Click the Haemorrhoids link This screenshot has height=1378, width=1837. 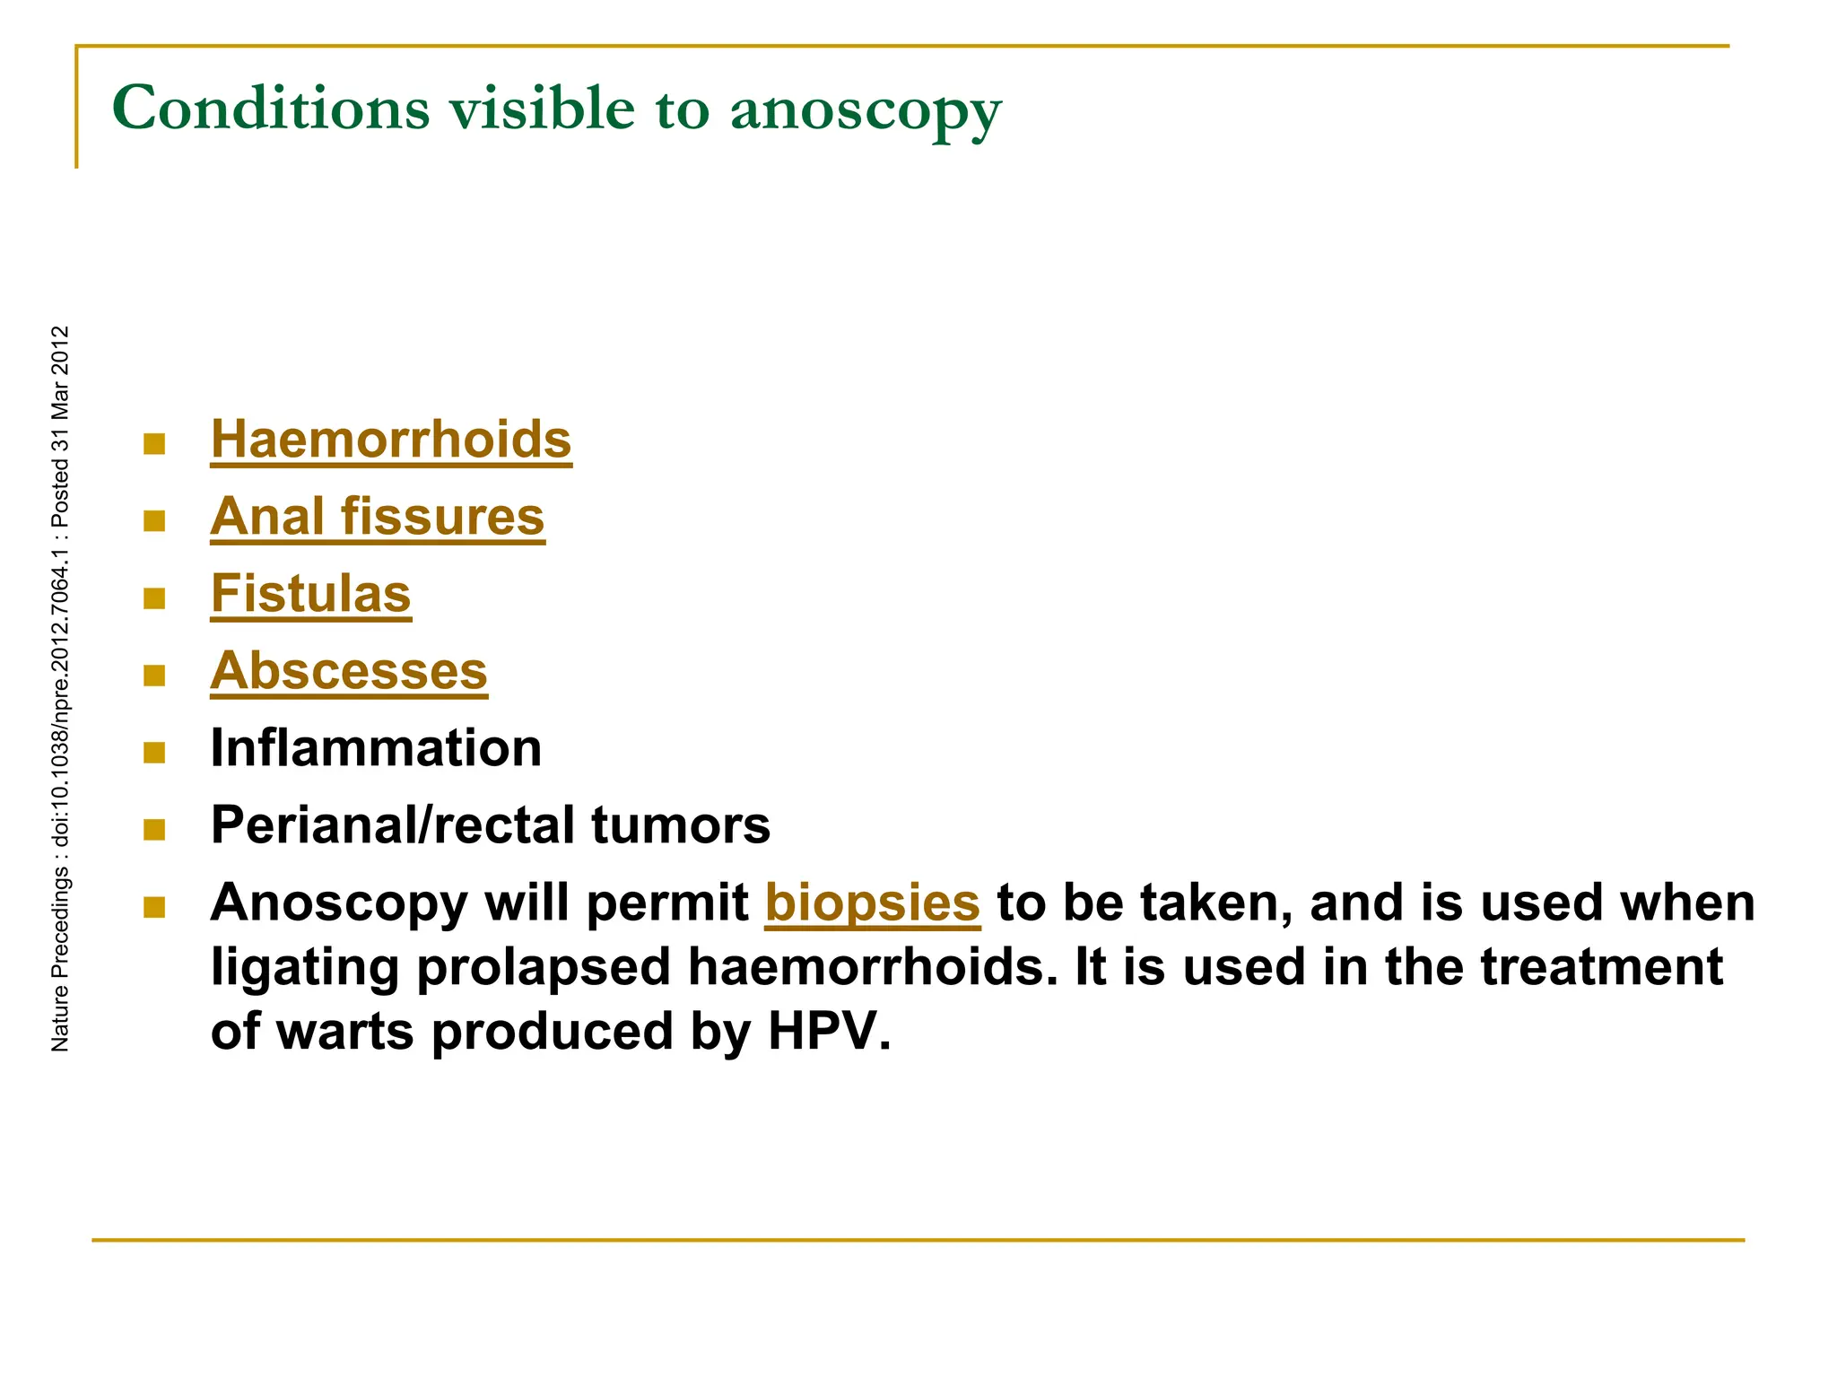[x=390, y=440]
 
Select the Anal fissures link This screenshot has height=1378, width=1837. [x=377, y=517]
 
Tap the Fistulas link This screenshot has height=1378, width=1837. [x=310, y=594]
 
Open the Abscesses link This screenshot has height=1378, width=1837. [x=349, y=671]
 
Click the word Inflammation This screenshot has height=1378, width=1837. [x=376, y=748]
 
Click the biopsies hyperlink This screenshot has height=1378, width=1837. [x=872, y=903]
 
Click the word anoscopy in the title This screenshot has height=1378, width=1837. [x=865, y=109]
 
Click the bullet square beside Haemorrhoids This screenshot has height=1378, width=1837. [x=154, y=444]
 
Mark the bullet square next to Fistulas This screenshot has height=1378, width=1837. [x=154, y=598]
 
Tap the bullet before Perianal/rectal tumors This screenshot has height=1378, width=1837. [x=154, y=830]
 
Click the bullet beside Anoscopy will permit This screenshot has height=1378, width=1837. [x=154, y=907]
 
